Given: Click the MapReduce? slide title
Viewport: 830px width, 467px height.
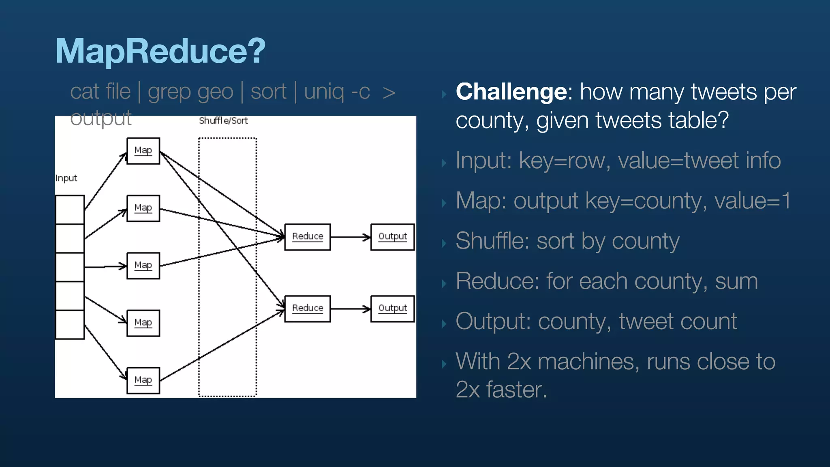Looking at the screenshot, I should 160,51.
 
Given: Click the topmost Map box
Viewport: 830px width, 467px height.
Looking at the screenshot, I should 143,151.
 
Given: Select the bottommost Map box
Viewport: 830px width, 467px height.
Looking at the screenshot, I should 143,380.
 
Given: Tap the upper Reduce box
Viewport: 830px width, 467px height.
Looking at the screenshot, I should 307,237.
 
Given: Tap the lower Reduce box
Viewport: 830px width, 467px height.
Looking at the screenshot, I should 307,308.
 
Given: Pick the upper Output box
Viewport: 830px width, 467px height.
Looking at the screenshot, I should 392,237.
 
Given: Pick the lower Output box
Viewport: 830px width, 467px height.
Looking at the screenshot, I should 392,308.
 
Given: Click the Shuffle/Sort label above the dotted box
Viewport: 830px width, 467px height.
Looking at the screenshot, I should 223,121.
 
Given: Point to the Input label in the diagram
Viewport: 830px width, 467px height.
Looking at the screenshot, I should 66,178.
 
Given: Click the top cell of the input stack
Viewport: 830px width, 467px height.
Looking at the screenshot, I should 70,210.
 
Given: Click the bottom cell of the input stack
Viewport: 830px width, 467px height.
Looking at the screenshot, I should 70,324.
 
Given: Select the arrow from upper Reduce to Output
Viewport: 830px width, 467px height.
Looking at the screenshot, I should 350,237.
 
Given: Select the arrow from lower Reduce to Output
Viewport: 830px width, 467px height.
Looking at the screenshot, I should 350,309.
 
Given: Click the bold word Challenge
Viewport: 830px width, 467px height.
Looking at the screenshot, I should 511,92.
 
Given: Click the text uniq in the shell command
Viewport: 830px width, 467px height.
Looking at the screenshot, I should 323,92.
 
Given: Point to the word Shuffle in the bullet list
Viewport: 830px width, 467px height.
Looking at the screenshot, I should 492,241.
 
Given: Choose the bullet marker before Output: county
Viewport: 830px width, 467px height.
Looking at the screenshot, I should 444,323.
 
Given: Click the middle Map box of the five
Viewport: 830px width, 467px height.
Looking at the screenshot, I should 143,266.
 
